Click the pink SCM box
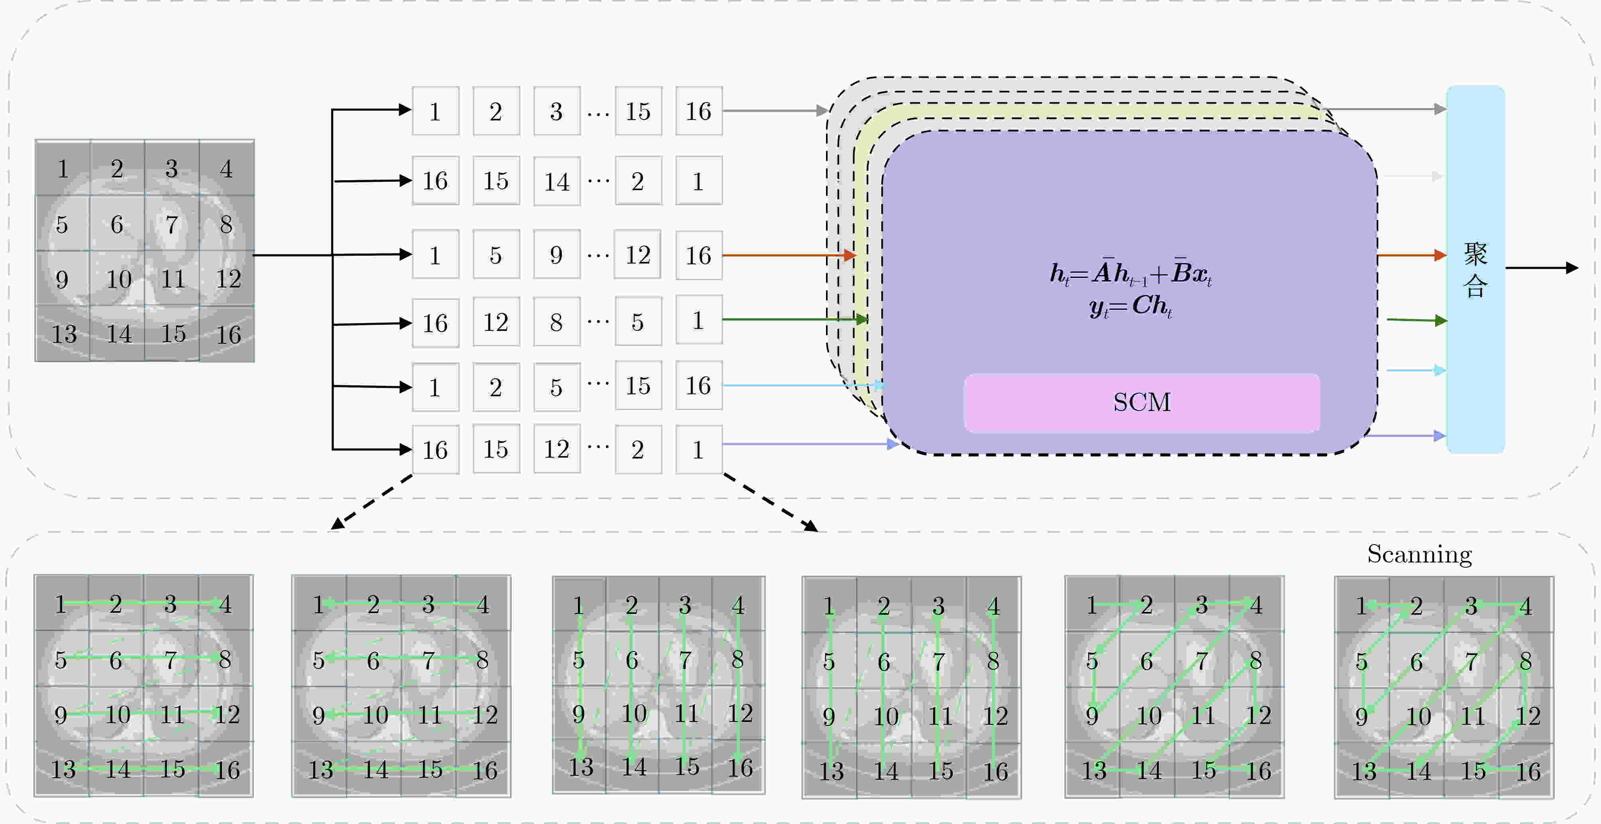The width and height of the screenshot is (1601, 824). click(1142, 403)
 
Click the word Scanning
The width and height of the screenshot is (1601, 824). click(1420, 554)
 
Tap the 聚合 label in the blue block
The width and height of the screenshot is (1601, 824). click(1475, 270)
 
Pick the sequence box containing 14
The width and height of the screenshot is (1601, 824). click(557, 181)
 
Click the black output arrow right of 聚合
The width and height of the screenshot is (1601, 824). click(1541, 268)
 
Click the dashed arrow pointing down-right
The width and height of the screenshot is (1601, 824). click(771, 503)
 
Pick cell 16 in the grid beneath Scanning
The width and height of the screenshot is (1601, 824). click(1527, 771)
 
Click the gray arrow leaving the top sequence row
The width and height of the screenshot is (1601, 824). click(776, 110)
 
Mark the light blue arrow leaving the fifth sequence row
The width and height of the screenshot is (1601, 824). click(804, 385)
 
